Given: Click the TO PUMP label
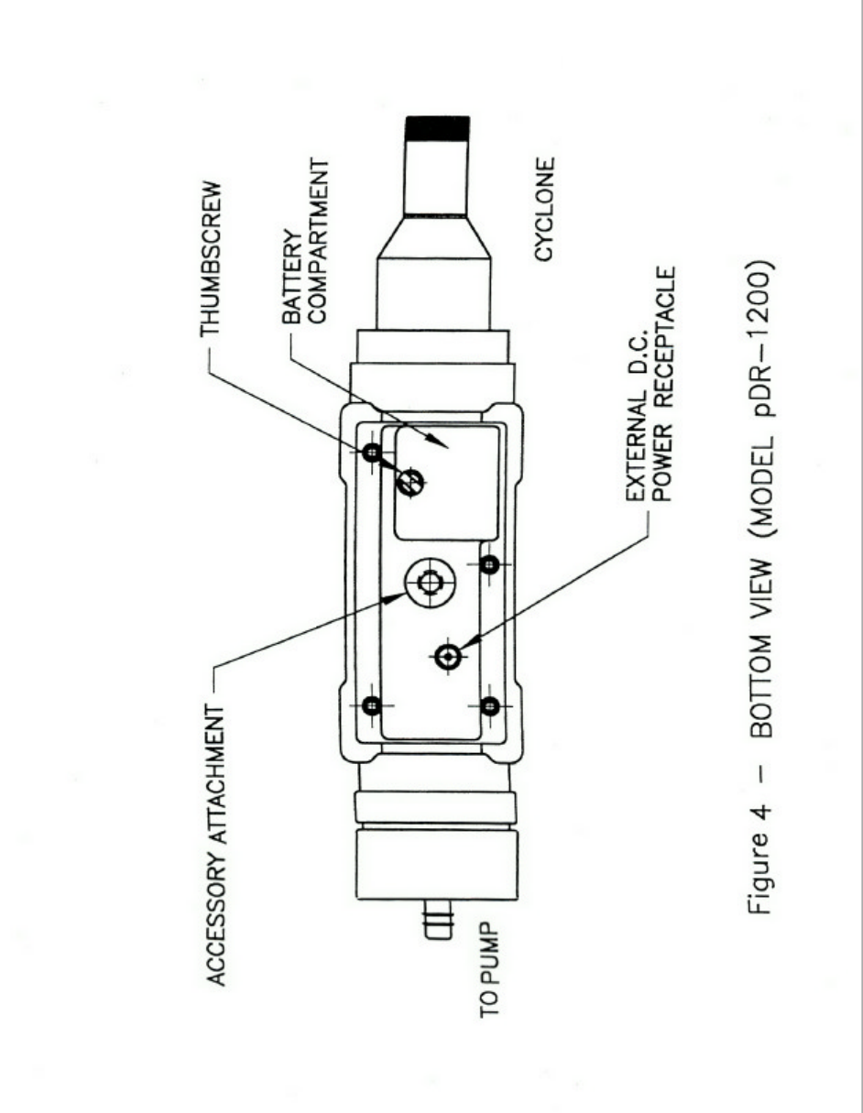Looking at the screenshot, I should (491, 986).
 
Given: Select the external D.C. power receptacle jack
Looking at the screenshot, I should (448, 656).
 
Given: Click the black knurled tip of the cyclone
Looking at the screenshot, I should (436, 128).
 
